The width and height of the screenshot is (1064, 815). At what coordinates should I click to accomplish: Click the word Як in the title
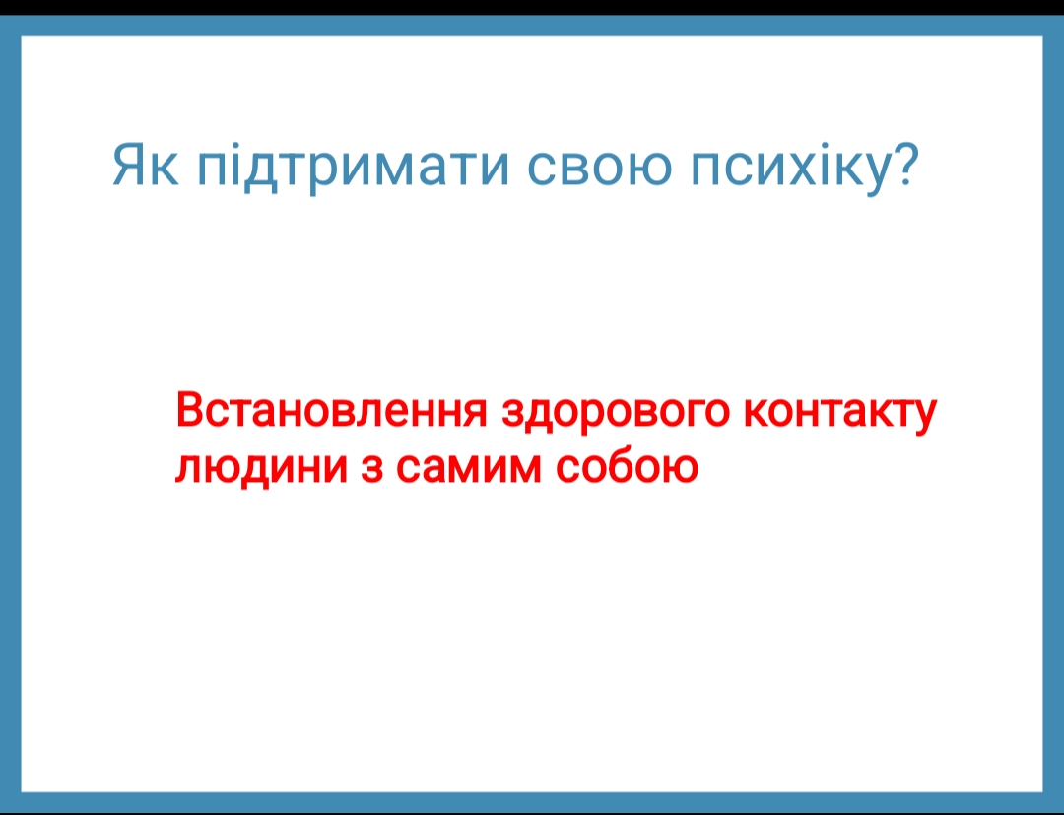[x=145, y=165]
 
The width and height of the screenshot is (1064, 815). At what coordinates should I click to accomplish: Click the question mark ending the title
[x=904, y=165]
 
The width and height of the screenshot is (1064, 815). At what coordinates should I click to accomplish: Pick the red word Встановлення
[x=331, y=410]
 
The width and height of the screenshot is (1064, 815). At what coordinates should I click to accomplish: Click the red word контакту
[x=840, y=413]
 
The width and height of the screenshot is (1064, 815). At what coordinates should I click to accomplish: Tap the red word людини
[x=262, y=468]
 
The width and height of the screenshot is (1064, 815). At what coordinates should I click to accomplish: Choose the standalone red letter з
[x=371, y=467]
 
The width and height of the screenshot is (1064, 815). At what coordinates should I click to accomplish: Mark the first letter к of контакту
[x=758, y=413]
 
